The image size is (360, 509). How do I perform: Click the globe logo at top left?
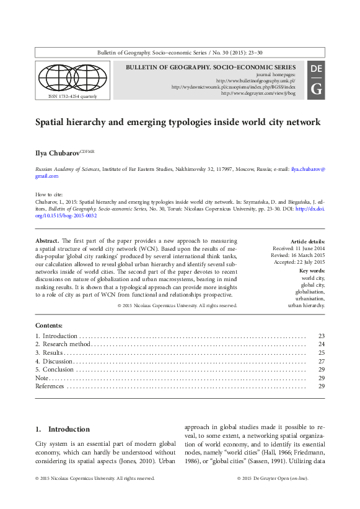pos(71,77)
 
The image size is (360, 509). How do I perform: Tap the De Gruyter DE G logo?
pos(316,79)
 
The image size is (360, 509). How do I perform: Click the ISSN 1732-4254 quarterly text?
pos(72,97)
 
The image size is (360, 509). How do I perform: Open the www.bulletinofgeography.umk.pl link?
pos(255,80)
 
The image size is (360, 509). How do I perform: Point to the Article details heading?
pos(307,241)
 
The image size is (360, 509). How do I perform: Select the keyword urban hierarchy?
pos(306,305)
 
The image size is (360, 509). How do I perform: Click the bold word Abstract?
pos(47,240)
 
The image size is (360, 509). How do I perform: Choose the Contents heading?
pos(49,326)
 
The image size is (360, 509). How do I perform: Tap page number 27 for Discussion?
pos(321,361)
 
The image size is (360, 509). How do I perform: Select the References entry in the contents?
pos(50,386)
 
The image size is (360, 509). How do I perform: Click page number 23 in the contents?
pos(321,336)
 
